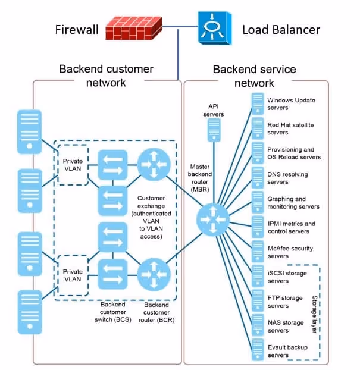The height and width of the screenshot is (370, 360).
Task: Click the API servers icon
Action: (212, 129)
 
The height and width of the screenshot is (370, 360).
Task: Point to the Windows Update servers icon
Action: (258, 104)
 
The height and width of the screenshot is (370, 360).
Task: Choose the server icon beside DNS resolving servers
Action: (258, 177)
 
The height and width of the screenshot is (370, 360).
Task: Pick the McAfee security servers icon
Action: (258, 252)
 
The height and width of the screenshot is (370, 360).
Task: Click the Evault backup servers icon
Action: (258, 350)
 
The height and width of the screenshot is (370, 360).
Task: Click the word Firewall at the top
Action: (77, 29)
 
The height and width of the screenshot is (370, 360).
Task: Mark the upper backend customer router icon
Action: (154, 165)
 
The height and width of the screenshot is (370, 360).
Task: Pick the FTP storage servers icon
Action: (258, 301)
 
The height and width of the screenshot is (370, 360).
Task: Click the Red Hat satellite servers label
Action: (290, 128)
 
